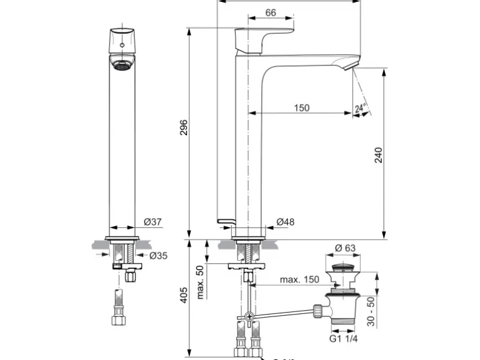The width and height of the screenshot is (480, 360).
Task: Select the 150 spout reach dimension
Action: [301, 108]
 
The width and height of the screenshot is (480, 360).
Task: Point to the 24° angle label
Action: [360, 108]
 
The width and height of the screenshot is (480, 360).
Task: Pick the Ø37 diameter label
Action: [153, 221]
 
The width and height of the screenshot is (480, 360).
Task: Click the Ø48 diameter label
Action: [286, 221]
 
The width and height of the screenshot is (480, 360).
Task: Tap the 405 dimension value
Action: [183, 295]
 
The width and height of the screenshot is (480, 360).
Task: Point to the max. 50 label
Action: [200, 282]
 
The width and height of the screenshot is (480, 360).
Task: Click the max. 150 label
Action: [299, 279]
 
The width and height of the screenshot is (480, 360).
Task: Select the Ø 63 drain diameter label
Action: [345, 248]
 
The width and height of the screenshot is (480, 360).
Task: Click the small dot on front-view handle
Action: [122, 45]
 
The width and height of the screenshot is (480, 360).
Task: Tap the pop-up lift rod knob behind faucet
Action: [225, 221]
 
